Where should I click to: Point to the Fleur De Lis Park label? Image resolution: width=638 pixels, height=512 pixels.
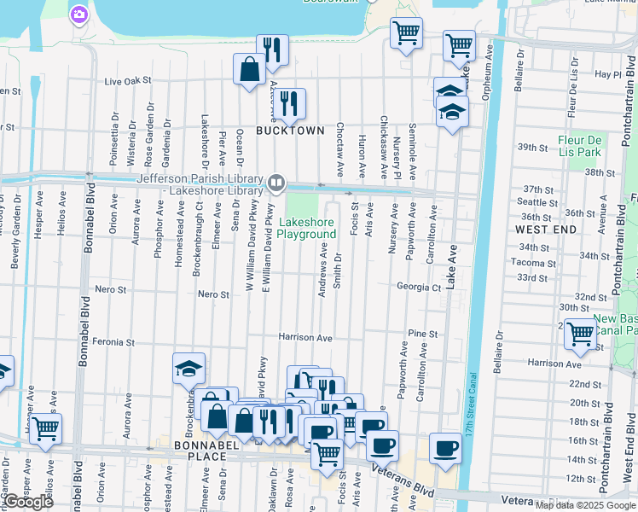point(580,146)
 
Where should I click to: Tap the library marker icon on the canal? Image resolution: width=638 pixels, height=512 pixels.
point(276,182)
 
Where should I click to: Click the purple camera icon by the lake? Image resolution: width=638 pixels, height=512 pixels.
point(79,14)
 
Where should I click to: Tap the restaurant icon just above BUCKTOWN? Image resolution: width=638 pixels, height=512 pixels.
point(290,103)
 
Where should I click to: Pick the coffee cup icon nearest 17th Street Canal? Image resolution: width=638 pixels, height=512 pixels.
point(444,448)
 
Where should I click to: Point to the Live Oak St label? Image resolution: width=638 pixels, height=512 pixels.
point(127,81)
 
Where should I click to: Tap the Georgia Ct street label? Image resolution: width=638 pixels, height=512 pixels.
point(419,288)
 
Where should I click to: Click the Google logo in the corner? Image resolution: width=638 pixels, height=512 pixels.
point(28,502)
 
